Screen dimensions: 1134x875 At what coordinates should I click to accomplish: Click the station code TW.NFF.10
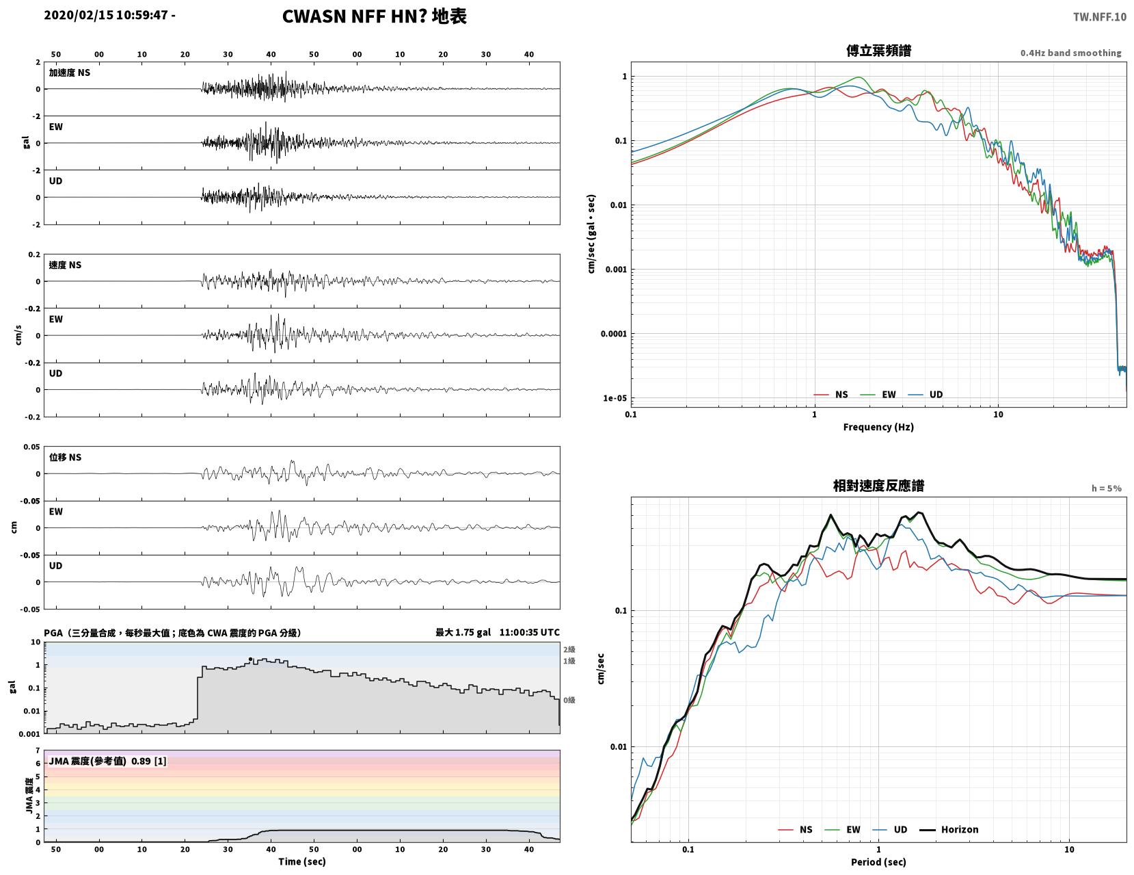(x=1099, y=16)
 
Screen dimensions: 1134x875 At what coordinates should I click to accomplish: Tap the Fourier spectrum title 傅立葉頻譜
(x=878, y=51)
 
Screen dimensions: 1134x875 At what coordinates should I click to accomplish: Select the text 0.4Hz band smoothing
(x=1070, y=53)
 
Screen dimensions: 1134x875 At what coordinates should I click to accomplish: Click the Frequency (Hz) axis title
(x=878, y=426)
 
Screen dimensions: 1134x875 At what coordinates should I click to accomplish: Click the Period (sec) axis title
(x=878, y=861)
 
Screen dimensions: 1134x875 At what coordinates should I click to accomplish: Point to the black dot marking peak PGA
(x=250, y=659)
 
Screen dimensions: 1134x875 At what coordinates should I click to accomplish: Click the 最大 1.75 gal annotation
(x=463, y=632)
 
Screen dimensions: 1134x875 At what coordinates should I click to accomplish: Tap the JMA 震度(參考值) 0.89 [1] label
(x=107, y=761)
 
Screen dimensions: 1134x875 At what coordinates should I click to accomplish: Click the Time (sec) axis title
(x=301, y=861)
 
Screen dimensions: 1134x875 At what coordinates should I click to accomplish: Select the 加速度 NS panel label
(x=70, y=73)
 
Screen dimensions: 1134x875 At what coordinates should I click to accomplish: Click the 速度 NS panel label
(x=65, y=265)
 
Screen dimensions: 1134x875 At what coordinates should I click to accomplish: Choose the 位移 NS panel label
(x=65, y=457)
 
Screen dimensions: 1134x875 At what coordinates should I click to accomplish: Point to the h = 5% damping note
(x=1106, y=488)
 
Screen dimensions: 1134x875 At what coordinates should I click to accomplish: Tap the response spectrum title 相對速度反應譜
(x=878, y=486)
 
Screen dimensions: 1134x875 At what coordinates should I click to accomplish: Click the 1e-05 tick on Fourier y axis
(x=615, y=398)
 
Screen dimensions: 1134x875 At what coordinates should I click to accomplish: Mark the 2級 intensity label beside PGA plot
(x=569, y=649)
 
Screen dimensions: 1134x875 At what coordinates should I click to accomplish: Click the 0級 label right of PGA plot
(x=569, y=700)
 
